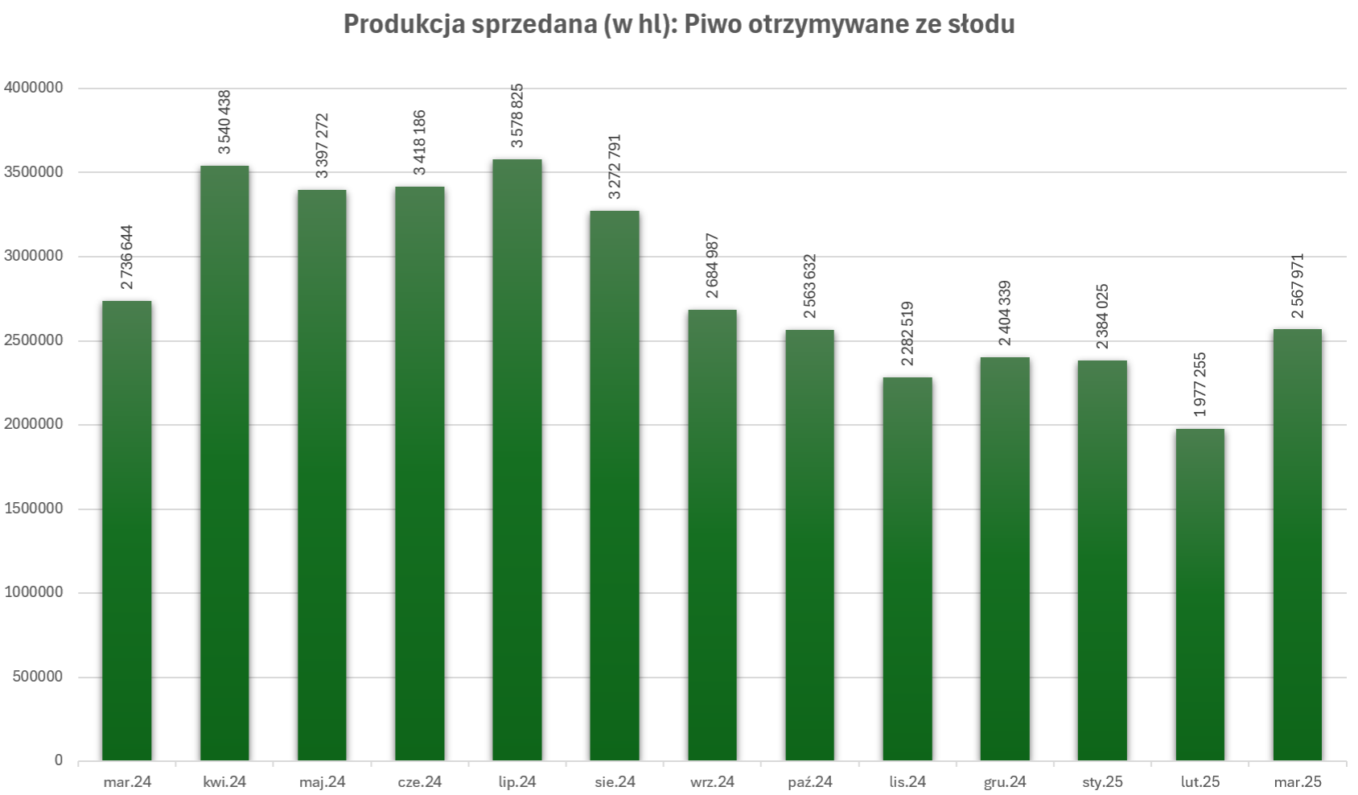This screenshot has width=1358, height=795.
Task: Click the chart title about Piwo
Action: click(678, 25)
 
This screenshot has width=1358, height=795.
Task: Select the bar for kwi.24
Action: click(224, 463)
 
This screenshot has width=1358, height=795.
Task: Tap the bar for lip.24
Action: click(517, 459)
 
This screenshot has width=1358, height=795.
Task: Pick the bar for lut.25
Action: click(1200, 595)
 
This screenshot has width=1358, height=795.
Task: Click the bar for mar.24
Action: click(127, 530)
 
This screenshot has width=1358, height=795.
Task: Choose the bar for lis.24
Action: click(907, 569)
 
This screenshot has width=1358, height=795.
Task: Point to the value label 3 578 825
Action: click(517, 116)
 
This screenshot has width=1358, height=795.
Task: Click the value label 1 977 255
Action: click(1200, 385)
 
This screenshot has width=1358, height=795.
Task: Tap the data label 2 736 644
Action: click(127, 257)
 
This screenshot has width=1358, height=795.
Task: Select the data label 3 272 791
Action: click(615, 167)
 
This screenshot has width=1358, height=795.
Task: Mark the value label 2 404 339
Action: click(1005, 314)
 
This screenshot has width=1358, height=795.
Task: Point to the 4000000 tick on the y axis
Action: click(34, 88)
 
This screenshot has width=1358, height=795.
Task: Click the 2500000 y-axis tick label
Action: click(34, 340)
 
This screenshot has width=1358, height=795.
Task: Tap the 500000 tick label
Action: click(38, 677)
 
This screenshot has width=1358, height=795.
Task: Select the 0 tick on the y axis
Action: click(59, 760)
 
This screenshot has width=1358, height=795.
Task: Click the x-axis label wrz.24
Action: click(712, 782)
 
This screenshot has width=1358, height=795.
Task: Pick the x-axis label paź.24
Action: click(809, 782)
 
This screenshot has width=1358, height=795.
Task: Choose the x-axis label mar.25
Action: click(1298, 782)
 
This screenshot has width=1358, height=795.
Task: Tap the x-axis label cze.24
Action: click(419, 782)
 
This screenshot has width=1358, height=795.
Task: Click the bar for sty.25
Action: click(1102, 560)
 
